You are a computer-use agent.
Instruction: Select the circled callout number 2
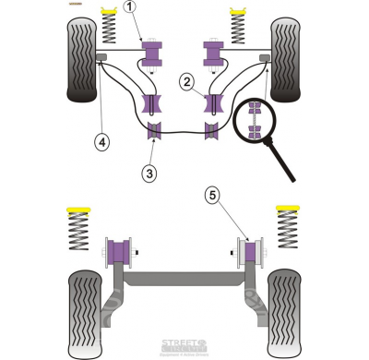[x=186, y=83]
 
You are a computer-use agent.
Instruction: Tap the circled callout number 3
[x=149, y=171]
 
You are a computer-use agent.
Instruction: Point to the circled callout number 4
[x=100, y=142]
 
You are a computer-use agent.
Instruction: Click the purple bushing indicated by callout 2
[x=214, y=102]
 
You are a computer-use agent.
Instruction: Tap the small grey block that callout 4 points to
[x=101, y=61]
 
